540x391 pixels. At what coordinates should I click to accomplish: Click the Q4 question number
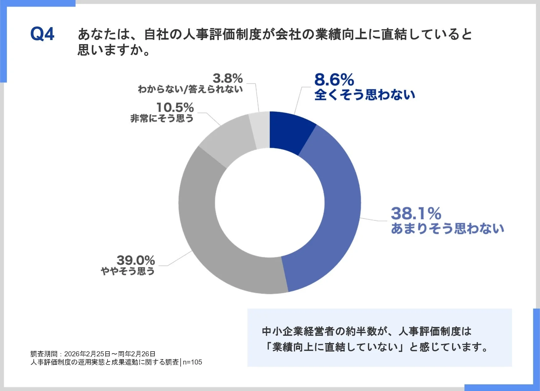tap(42, 34)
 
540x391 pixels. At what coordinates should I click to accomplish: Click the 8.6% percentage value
tap(334, 80)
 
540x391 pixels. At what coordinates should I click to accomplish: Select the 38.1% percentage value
tap(416, 214)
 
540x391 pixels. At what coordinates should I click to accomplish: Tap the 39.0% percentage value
tap(136, 260)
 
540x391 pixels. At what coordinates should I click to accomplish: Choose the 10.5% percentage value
tap(175, 108)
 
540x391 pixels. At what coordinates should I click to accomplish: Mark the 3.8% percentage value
tap(228, 78)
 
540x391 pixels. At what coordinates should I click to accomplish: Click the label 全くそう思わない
tap(364, 95)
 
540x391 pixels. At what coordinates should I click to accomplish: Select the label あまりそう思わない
tap(447, 229)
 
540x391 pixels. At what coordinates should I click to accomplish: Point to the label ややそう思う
tap(128, 271)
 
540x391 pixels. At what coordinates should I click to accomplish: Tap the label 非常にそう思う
tap(162, 119)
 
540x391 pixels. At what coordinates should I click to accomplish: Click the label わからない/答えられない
tap(190, 89)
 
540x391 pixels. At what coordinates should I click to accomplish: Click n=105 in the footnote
tap(192, 362)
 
